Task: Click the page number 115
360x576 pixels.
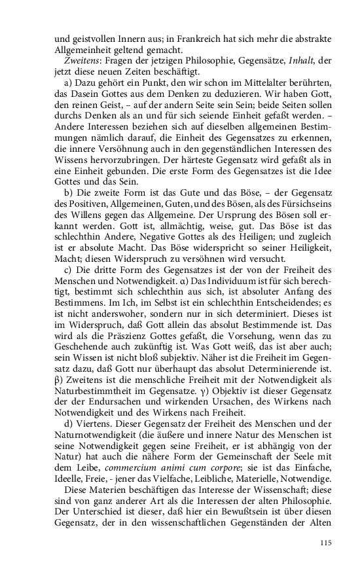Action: click(x=327, y=542)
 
